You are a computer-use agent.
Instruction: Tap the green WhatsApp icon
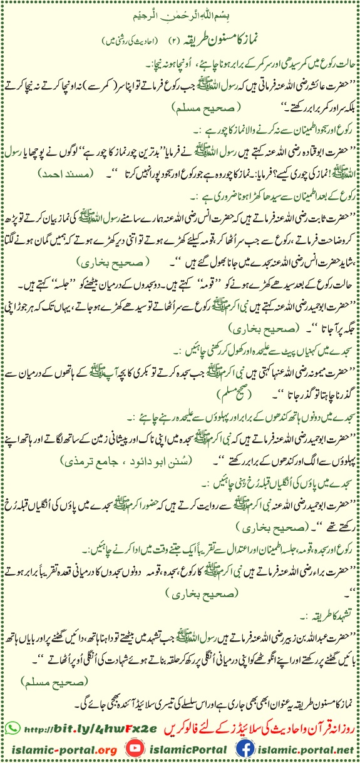(12, 727)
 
